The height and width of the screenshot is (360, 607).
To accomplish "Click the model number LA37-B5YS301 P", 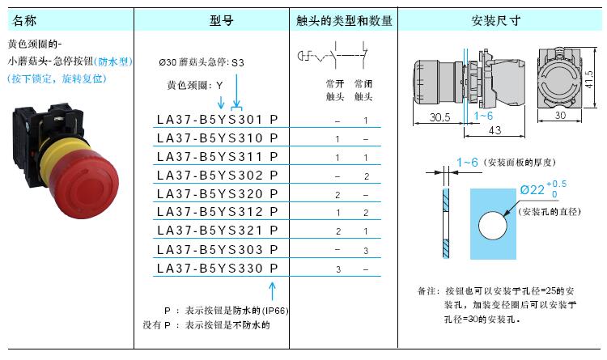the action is (218, 120).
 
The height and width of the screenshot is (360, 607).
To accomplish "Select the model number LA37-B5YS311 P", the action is (218, 157).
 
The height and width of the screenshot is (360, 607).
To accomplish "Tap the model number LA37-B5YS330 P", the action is (218, 269).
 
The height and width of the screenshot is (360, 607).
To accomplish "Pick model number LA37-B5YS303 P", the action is (218, 250).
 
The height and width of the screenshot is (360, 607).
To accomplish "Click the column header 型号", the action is (222, 20).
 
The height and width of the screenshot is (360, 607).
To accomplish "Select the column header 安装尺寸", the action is (496, 20).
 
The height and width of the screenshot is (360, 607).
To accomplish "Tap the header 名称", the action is (24, 20).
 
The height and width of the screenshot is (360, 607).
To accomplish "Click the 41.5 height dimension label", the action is (589, 79).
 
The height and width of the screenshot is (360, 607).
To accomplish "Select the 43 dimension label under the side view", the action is (495, 130).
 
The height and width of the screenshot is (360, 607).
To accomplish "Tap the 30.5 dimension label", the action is (439, 117).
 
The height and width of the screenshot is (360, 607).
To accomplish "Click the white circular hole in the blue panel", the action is (492, 226).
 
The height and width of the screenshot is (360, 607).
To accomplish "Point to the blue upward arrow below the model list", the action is (272, 291).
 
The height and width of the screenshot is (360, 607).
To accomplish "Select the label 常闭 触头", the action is (363, 90).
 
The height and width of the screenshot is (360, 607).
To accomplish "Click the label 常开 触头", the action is (335, 90).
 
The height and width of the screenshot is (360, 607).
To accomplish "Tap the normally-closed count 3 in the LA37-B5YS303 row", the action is (366, 251).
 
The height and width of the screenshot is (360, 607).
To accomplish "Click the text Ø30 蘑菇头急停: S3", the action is (202, 62).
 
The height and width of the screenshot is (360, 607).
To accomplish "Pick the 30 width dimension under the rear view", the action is (560, 116).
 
